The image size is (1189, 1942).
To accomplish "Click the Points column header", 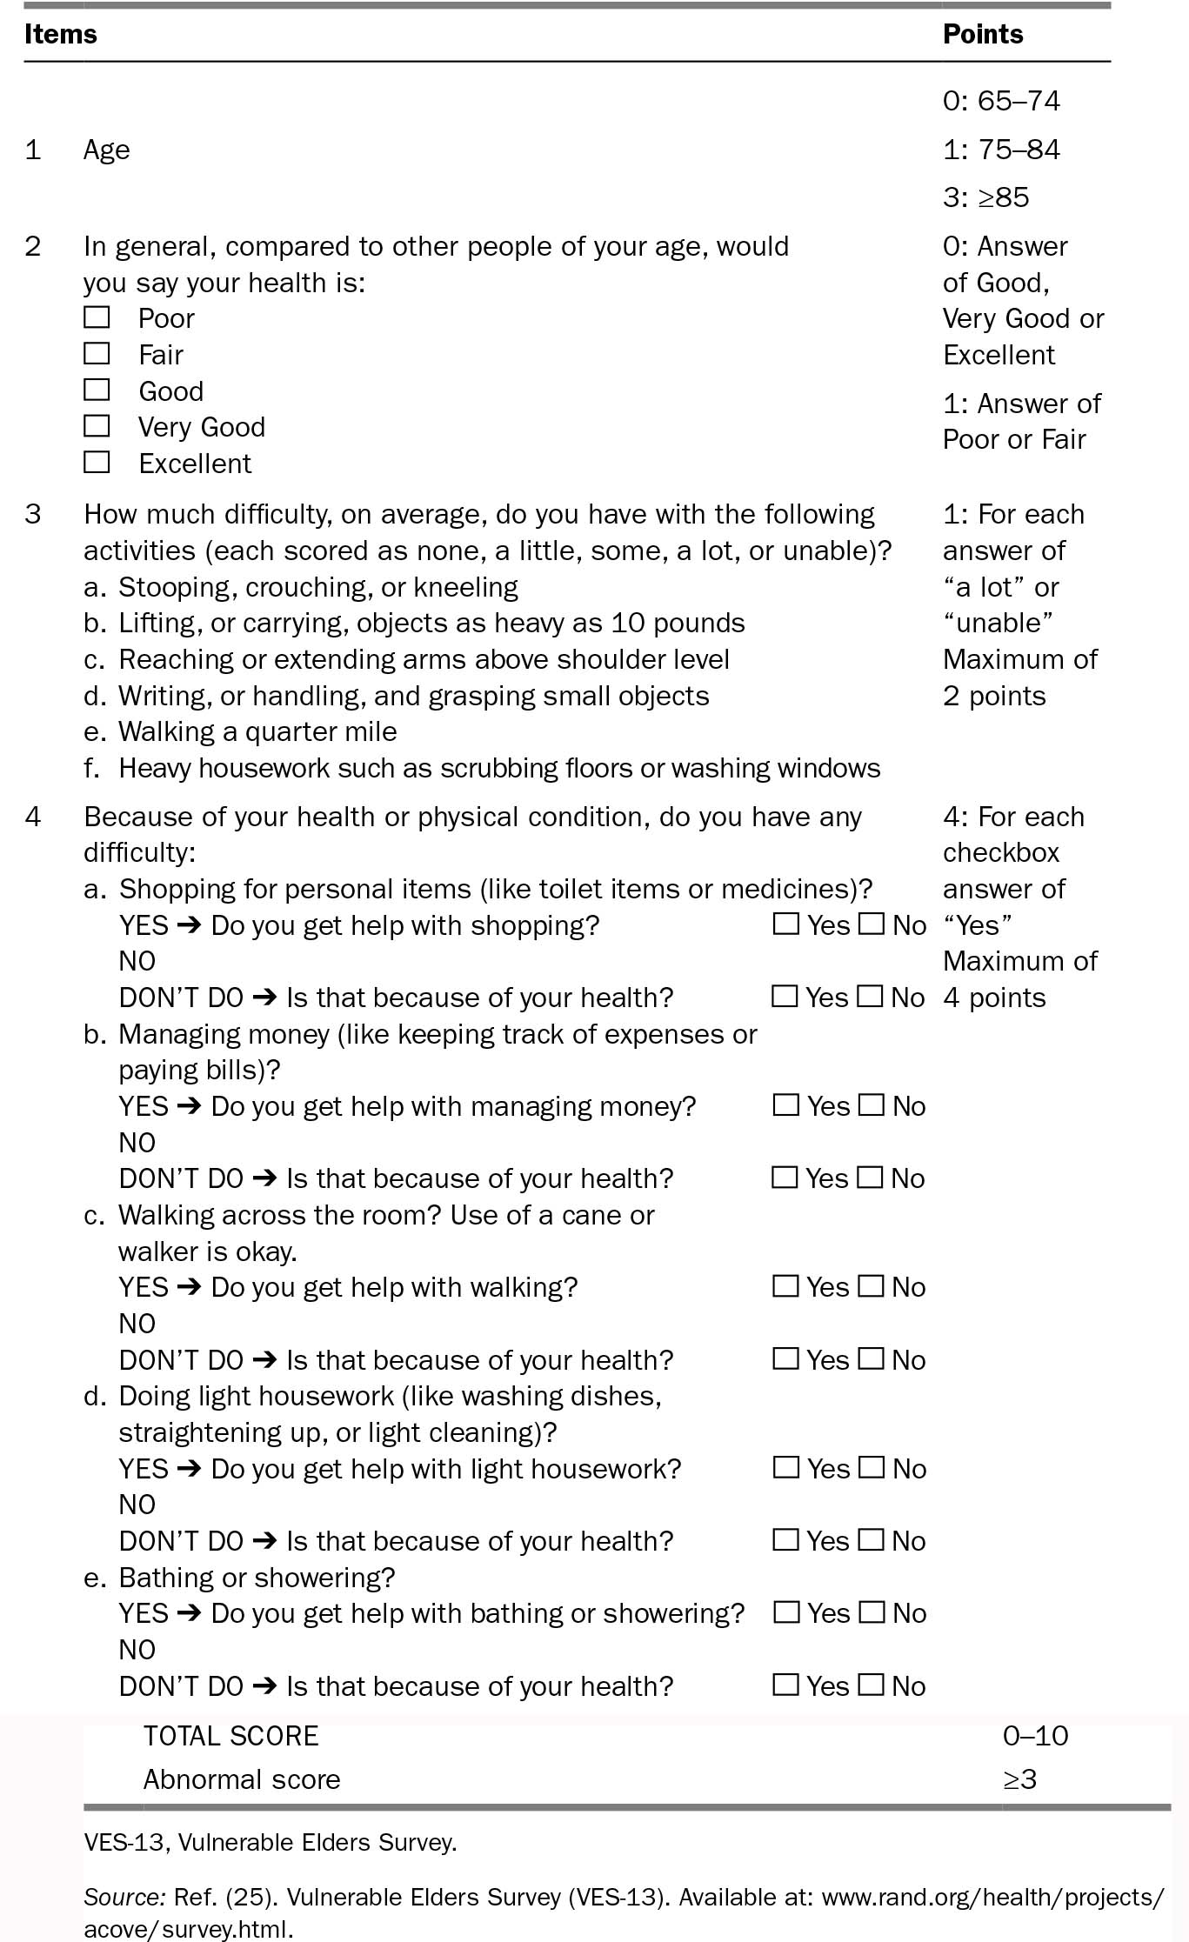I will [982, 34].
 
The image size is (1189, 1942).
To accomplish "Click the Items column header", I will [60, 34].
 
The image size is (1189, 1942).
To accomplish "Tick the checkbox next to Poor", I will [97, 317].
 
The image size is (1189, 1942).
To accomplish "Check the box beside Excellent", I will [97, 462].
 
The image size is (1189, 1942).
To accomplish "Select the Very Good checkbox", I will [97, 426].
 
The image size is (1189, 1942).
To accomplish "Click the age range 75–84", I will [1018, 150].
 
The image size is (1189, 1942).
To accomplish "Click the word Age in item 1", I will [106, 150].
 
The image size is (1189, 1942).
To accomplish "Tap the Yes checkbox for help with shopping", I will [786, 924].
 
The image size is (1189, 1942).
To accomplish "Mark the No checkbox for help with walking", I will [871, 1285].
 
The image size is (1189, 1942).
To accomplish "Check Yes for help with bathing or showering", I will [786, 1612].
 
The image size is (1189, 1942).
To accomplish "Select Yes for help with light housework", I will [786, 1467].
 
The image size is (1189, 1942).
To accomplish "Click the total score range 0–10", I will [1035, 1736].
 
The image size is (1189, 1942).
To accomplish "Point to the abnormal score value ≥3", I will [1019, 1779].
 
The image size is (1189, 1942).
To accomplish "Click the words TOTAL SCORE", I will [230, 1736].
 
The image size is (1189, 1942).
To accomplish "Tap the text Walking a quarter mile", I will [257, 731].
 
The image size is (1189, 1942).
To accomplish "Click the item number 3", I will [33, 514].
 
